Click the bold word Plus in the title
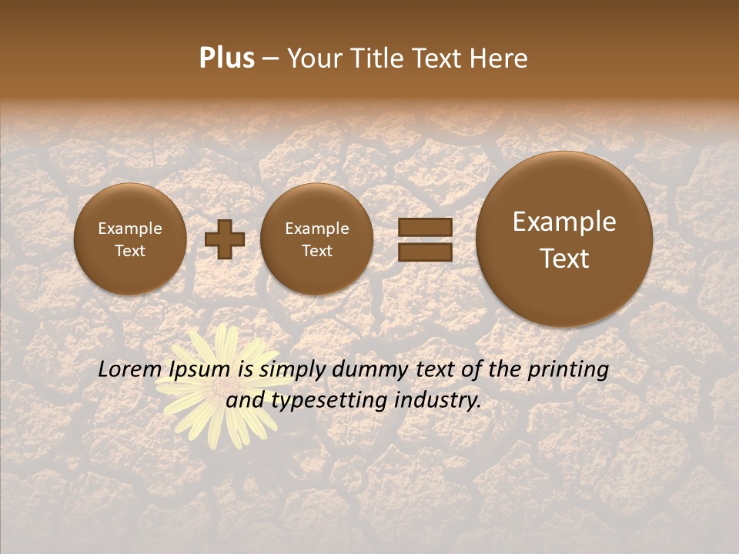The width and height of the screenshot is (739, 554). pyautogui.click(x=226, y=58)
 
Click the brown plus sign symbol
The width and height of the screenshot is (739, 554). pyautogui.click(x=224, y=239)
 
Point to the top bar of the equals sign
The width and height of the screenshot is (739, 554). pyautogui.click(x=425, y=227)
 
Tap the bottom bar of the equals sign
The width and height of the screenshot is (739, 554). pyautogui.click(x=425, y=252)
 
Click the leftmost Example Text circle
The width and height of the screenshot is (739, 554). pyautogui.click(x=130, y=239)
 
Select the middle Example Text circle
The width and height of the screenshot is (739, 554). pyautogui.click(x=316, y=239)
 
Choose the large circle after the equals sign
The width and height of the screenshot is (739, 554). pyautogui.click(x=564, y=239)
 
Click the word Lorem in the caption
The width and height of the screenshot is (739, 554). pyautogui.click(x=128, y=370)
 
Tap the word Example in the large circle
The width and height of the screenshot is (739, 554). pyautogui.click(x=564, y=222)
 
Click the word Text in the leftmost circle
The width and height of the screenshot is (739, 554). pyautogui.click(x=130, y=251)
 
